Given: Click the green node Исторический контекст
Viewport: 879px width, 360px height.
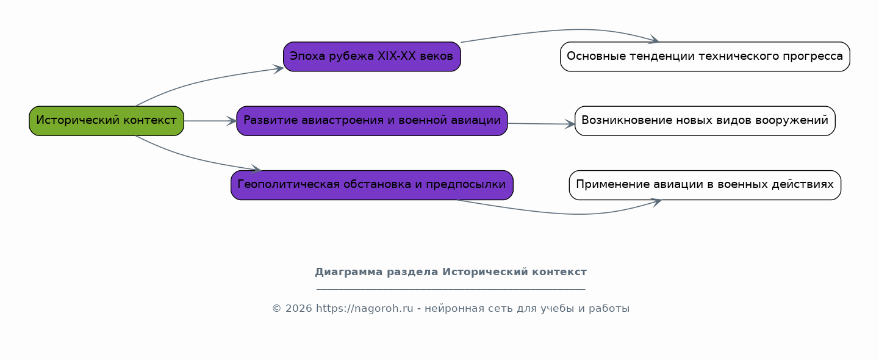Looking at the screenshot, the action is click(x=106, y=121).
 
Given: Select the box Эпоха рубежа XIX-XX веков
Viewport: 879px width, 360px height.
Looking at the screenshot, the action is click(x=372, y=57).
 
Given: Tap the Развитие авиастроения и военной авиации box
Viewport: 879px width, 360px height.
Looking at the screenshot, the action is click(x=372, y=121).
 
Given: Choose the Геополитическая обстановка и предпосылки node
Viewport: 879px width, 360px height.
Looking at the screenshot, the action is click(x=372, y=185).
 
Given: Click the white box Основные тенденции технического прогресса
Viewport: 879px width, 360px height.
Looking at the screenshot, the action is click(x=705, y=57).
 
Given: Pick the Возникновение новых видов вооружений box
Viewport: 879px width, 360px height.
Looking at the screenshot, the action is click(x=705, y=121).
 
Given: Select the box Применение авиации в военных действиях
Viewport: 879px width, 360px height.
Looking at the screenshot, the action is click(x=705, y=185).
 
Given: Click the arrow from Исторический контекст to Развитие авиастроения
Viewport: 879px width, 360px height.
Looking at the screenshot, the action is click(x=210, y=121).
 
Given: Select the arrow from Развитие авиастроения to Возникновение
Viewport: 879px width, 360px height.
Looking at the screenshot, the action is click(x=541, y=124).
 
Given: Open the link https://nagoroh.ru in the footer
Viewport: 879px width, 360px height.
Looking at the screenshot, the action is click(x=365, y=309).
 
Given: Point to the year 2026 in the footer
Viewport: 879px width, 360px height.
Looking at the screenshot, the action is click(x=299, y=309).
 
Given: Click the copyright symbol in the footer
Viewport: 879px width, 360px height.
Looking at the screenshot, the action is click(x=277, y=309).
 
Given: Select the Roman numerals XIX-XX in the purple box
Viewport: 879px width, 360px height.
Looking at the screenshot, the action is click(x=396, y=57).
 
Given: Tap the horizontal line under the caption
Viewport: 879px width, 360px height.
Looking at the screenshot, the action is click(x=451, y=289).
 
